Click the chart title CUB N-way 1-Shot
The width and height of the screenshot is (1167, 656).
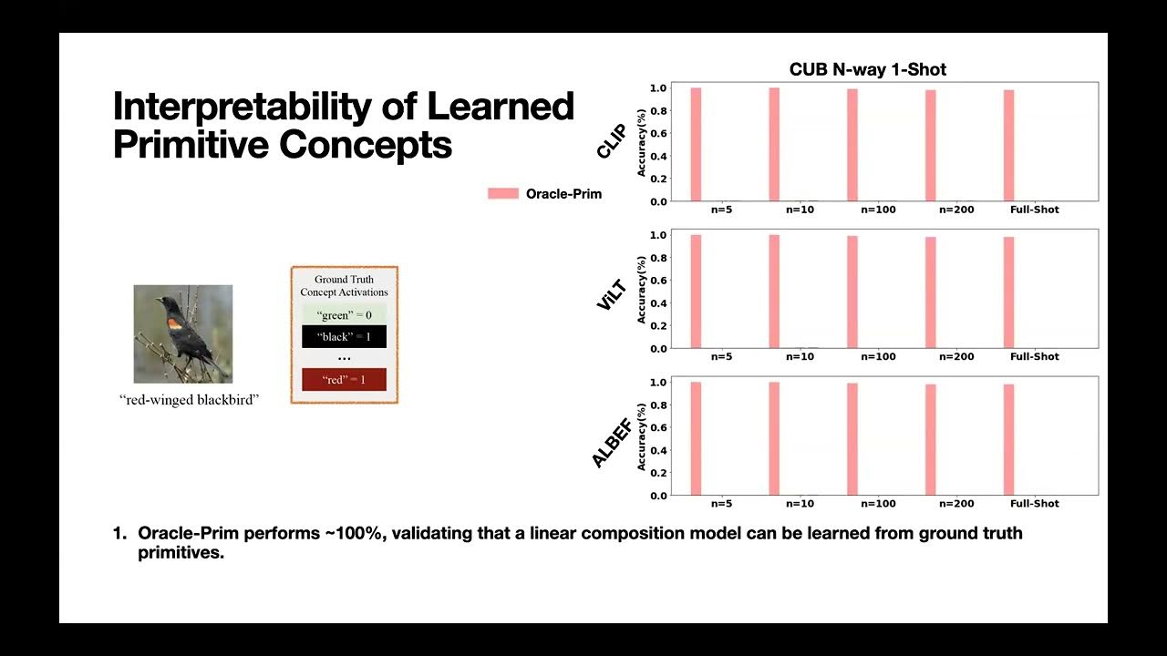tap(867, 70)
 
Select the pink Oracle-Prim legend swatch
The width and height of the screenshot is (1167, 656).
tap(502, 193)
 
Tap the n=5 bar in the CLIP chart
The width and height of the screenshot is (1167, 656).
tap(696, 144)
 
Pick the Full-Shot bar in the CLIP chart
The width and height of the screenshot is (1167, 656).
tap(1008, 145)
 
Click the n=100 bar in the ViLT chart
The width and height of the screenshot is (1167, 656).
tap(852, 292)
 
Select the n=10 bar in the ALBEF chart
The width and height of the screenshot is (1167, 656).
tap(774, 438)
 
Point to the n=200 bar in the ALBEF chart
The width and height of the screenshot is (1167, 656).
tap(931, 439)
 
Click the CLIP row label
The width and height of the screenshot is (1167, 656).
tap(610, 141)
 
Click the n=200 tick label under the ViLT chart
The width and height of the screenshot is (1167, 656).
tap(957, 356)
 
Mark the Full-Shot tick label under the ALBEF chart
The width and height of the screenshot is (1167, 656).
tap(1035, 503)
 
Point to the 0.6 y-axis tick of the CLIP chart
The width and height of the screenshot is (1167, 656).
tap(657, 133)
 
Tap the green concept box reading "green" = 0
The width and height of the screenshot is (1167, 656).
tap(344, 315)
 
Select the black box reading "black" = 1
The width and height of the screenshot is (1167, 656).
tap(344, 337)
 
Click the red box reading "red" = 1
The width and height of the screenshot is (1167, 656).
tap(344, 379)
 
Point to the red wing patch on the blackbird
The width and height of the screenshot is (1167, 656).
tap(174, 323)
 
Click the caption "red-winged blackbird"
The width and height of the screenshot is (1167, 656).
tap(190, 400)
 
